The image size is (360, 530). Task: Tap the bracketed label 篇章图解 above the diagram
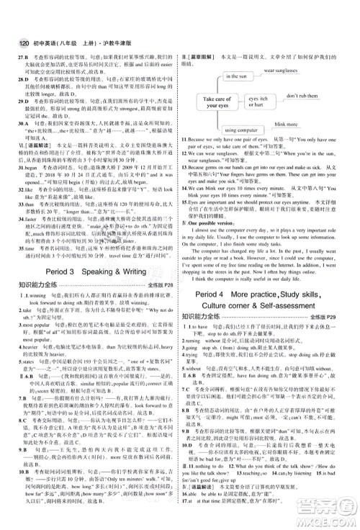[x=201, y=58]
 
